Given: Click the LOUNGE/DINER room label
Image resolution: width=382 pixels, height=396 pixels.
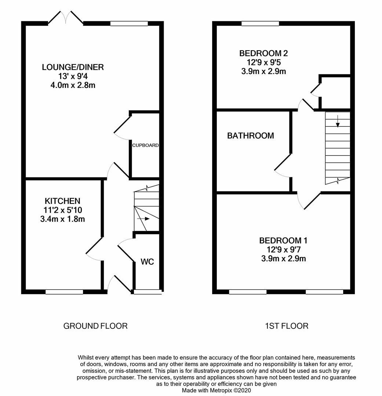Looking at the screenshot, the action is [73, 67].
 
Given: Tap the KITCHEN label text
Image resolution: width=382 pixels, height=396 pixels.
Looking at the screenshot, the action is [62, 201].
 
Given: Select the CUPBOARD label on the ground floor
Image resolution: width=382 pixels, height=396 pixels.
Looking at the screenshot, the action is [145, 145].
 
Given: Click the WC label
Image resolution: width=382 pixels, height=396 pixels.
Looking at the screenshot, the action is [147, 262].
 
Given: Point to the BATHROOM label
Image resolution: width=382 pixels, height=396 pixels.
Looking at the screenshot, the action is [251, 136].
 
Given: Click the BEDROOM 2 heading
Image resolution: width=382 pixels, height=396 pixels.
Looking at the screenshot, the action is [263, 53].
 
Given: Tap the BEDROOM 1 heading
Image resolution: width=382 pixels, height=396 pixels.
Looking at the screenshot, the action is [283, 241].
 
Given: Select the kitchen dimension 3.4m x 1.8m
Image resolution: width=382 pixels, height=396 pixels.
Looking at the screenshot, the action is [62, 219].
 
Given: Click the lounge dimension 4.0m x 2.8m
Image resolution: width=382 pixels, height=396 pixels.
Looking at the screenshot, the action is [73, 85].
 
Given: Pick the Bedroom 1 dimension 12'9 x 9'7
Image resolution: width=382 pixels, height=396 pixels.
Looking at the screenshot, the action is [283, 250].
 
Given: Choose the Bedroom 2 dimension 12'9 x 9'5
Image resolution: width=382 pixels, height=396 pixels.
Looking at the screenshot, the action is [263, 62].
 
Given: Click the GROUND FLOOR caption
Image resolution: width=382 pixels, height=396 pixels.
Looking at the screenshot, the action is [95, 326].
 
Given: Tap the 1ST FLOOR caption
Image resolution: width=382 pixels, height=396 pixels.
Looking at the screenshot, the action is [287, 326].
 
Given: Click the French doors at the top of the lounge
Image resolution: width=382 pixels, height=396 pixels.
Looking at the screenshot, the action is [66, 18].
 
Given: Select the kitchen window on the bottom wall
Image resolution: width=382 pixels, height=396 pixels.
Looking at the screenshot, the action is [64, 292].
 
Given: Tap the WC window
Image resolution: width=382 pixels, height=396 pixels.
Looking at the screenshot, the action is [148, 292].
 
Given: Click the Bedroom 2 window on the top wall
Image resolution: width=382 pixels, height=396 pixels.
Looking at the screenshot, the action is [261, 23].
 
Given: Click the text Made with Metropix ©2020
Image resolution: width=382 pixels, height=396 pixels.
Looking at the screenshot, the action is [217, 390].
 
